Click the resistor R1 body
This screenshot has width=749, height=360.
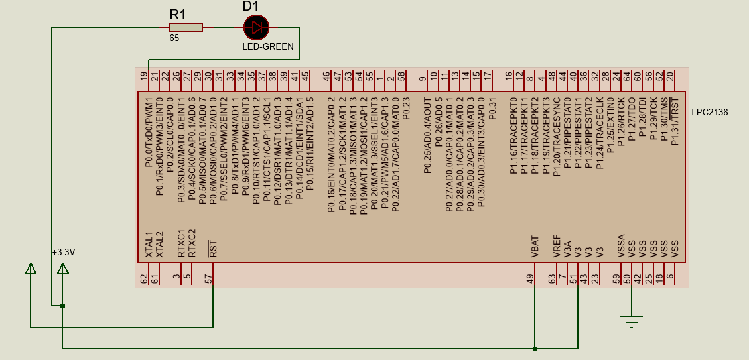click(x=186, y=27)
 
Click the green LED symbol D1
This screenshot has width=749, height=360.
click(x=256, y=27)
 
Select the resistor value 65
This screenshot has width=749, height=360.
click(x=174, y=38)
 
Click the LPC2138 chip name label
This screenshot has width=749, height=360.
click(x=709, y=113)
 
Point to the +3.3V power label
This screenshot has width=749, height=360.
click(x=64, y=252)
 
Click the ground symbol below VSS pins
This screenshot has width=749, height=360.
click(x=632, y=322)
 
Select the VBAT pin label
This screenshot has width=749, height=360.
click(x=535, y=247)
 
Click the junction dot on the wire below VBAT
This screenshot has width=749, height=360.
click(x=535, y=347)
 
